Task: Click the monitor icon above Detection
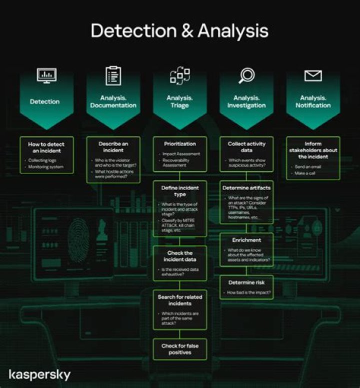(46, 76)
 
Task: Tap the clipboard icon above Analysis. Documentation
(113, 76)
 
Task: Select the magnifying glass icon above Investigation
(246, 76)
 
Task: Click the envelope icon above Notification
(313, 76)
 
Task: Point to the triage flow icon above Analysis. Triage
(179, 76)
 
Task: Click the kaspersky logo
(39, 374)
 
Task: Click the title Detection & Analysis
(179, 31)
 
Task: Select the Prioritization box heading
(179, 144)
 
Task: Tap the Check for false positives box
(179, 349)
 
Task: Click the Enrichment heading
(246, 240)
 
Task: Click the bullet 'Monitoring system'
(45, 167)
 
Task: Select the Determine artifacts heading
(246, 188)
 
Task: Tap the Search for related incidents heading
(179, 300)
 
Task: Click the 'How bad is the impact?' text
(248, 292)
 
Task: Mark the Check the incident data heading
(179, 256)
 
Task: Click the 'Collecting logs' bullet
(42, 160)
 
